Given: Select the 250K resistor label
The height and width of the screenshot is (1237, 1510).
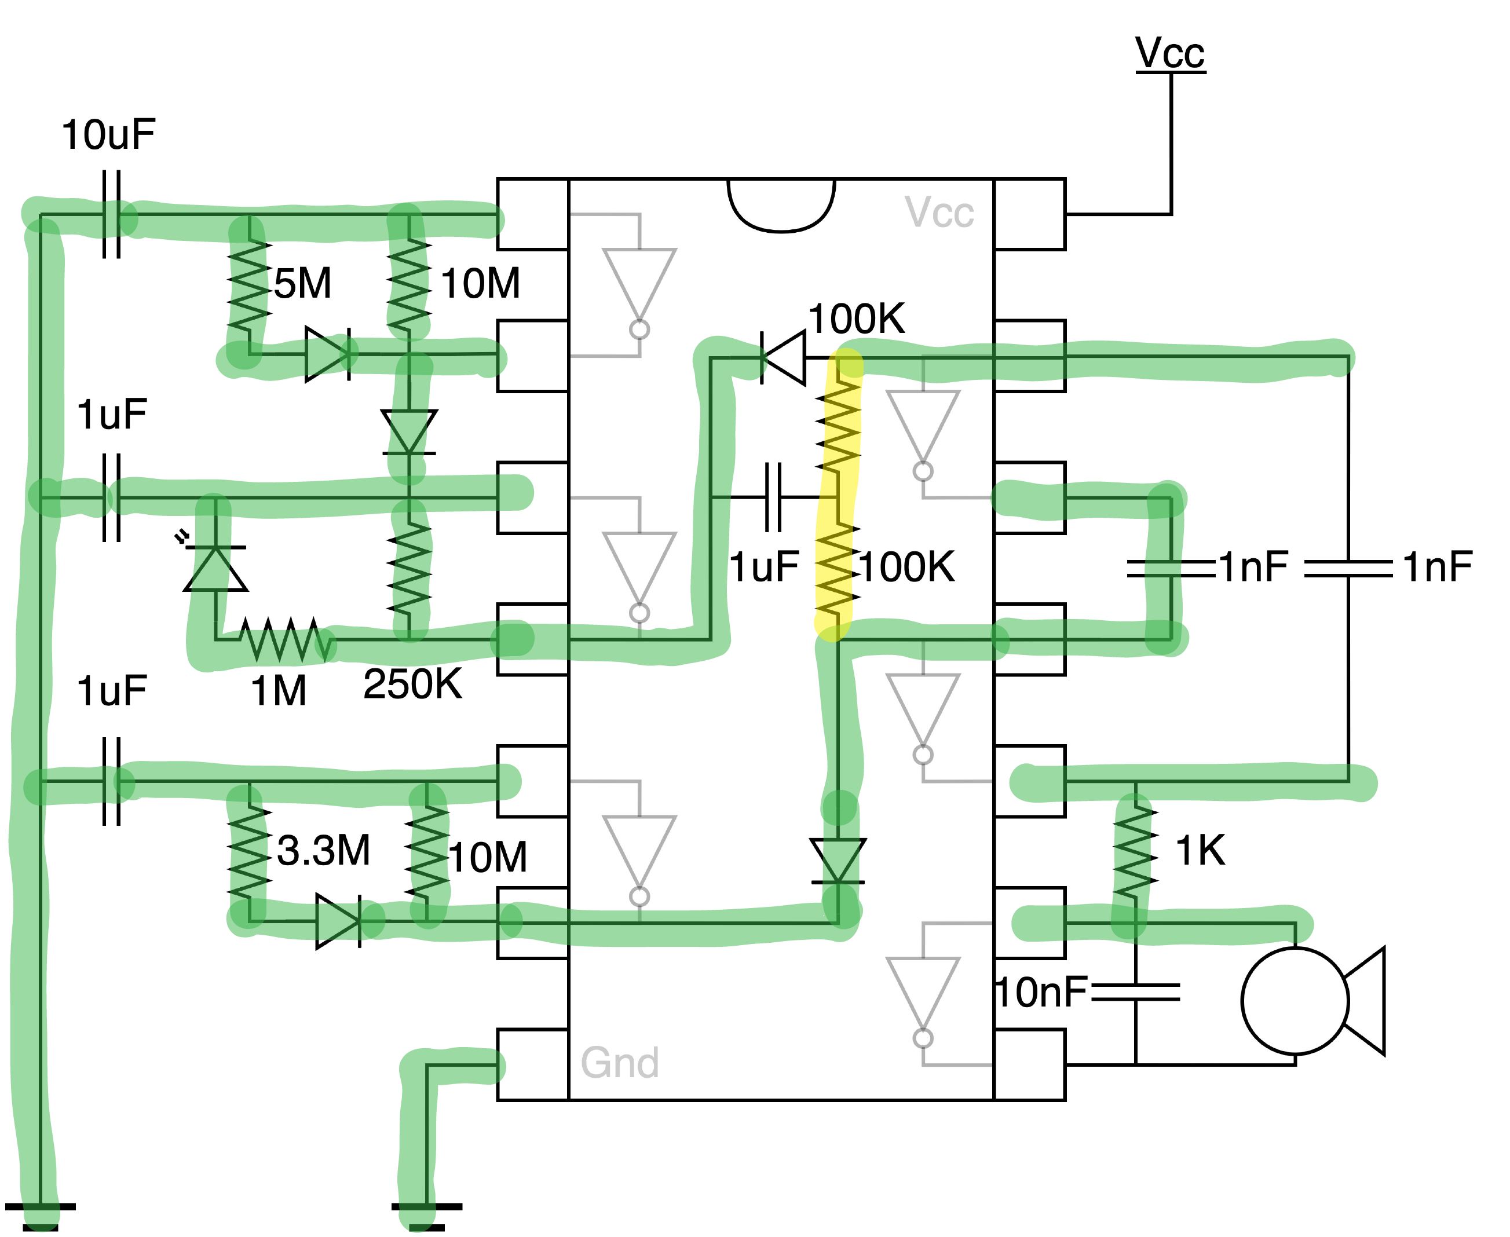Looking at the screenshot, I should click(412, 683).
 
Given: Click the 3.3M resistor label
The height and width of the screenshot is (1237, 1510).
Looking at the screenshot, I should click(324, 850).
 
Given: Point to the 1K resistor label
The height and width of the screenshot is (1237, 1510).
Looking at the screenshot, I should click(1200, 850).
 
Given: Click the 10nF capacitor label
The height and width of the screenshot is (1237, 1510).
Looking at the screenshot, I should click(1041, 992).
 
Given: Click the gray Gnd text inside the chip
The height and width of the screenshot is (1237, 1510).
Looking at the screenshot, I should click(619, 1063).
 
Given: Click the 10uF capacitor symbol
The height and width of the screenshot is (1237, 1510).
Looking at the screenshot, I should click(112, 214).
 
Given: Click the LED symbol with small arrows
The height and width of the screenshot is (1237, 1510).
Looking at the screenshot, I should click(215, 568).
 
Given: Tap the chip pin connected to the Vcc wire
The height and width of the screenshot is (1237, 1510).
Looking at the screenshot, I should click(1029, 214).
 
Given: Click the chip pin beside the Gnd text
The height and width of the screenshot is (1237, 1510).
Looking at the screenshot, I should click(532, 1064).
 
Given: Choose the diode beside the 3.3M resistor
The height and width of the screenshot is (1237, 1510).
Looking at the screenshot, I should click(338, 921).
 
